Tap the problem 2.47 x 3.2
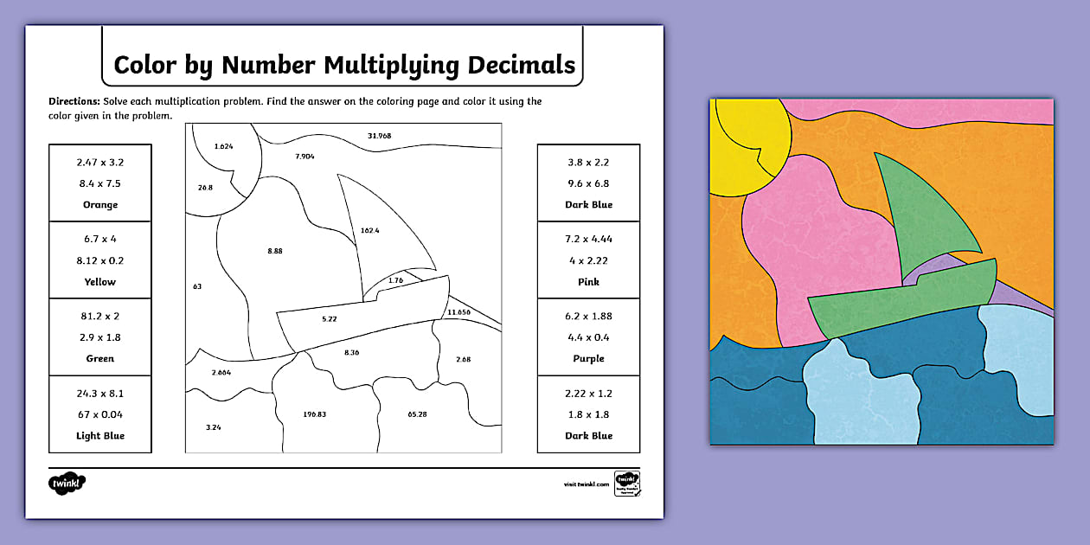pos(100,162)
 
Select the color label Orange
pos(100,205)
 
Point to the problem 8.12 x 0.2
pos(100,260)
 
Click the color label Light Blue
pos(100,436)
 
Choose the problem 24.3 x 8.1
pos(100,393)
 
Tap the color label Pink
pos(588,282)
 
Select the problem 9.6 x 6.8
pos(588,183)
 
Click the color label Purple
pos(588,359)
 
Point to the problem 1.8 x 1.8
pos(588,414)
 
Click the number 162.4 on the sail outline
pos(369,230)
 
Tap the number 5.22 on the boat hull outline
pos(329,319)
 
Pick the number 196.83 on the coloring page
pos(315,414)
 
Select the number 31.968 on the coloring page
pos(379,136)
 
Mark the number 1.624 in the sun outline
pos(222,146)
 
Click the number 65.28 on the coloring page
pos(417,414)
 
